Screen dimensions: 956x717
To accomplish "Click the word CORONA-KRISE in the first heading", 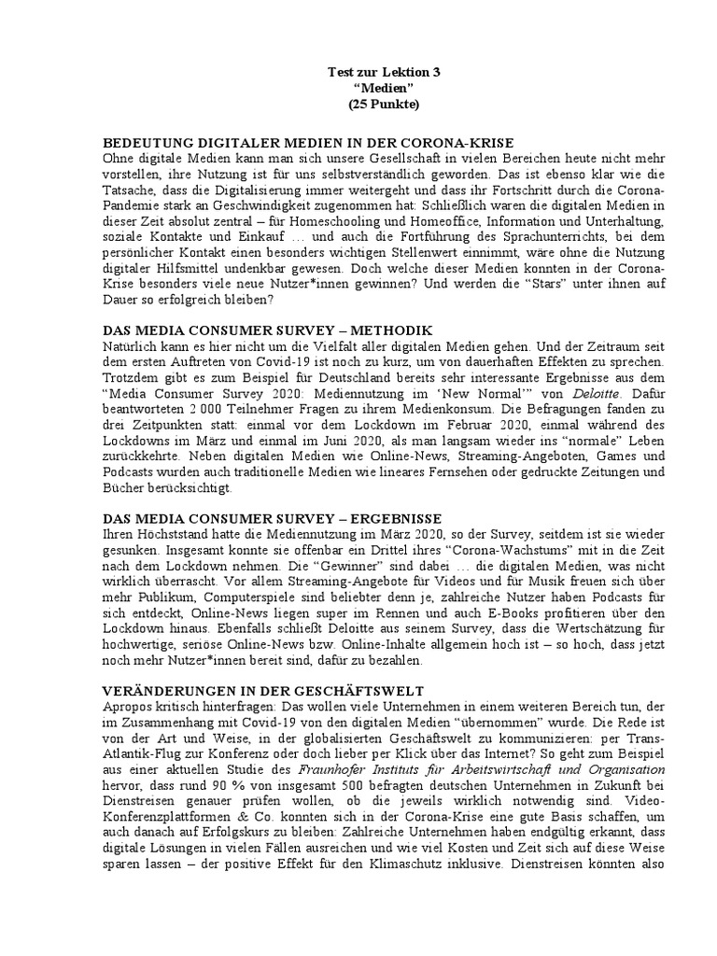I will coord(463,143).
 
